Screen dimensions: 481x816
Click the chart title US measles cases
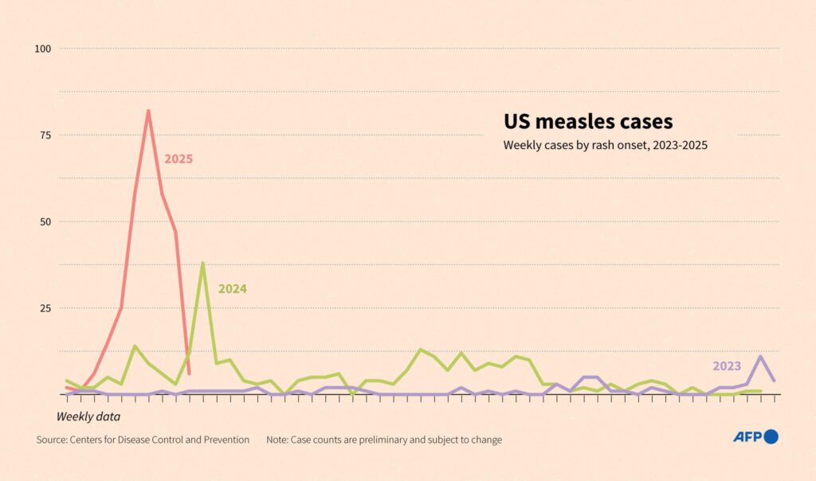point(588,122)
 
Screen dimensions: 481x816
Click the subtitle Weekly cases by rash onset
point(605,146)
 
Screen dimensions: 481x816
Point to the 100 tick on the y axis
point(42,49)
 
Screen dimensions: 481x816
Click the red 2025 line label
point(178,159)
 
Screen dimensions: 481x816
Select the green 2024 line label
point(233,289)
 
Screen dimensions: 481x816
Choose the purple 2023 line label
point(727,366)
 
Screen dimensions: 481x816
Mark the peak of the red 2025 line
point(148,111)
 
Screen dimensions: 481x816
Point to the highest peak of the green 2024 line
point(203,263)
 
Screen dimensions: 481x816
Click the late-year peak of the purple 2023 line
point(760,356)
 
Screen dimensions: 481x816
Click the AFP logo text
point(747,436)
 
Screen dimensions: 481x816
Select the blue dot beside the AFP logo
point(771,436)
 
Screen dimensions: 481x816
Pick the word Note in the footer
point(277,440)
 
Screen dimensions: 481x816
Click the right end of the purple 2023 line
point(775,381)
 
